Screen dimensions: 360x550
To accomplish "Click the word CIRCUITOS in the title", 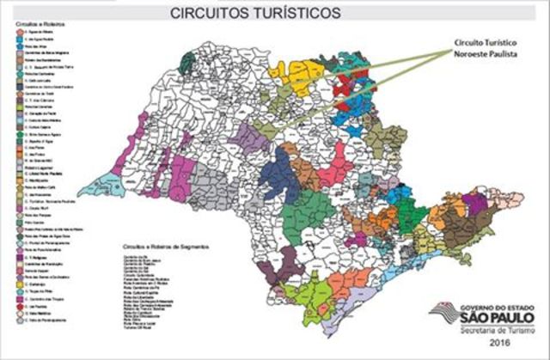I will (x=211, y=13).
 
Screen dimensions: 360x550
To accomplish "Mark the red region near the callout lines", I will (x=348, y=86).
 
